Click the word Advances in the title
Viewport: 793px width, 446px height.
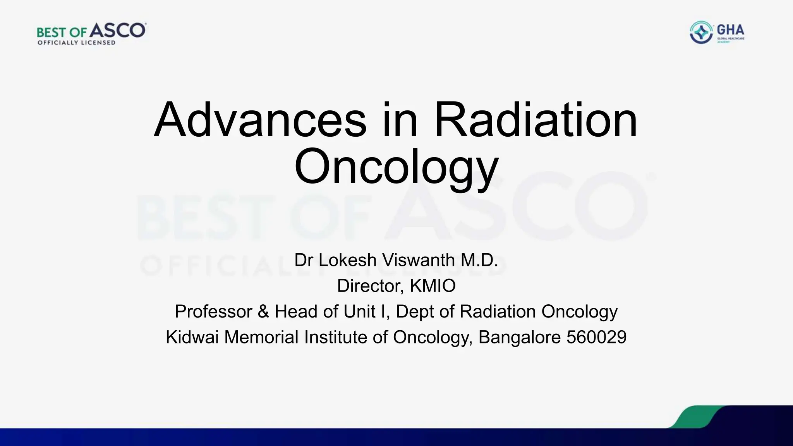(260, 120)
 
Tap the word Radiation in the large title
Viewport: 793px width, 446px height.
(536, 120)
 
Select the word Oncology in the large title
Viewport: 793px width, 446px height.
(396, 166)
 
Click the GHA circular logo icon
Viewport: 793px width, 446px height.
(701, 33)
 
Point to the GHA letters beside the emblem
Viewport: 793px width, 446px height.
(730, 30)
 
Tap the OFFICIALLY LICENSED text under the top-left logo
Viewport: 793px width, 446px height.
(76, 43)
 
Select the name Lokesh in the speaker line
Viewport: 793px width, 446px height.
(347, 260)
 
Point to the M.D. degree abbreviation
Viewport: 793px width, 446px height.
(479, 260)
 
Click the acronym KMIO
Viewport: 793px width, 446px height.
(433, 286)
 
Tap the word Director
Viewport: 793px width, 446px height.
(371, 286)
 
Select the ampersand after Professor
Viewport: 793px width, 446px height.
(263, 312)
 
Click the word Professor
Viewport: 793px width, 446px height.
(213, 312)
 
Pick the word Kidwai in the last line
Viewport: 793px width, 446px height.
(192, 337)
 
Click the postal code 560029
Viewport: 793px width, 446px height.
(596, 337)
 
